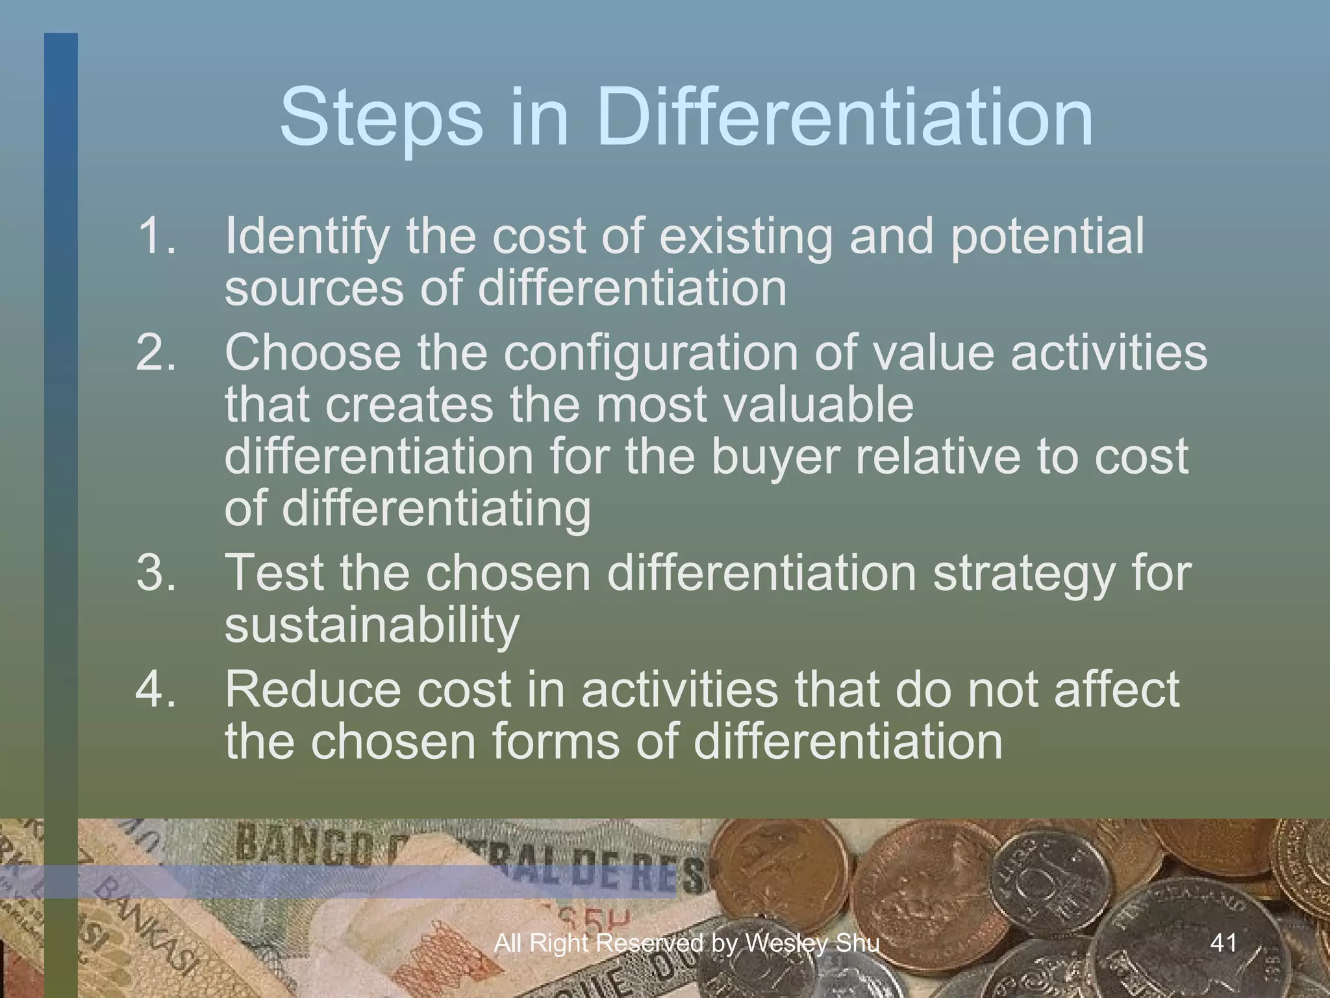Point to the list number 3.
coord(156,572)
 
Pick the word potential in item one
coord(1047,237)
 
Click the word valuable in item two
coord(818,405)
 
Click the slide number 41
coord(1224,942)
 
